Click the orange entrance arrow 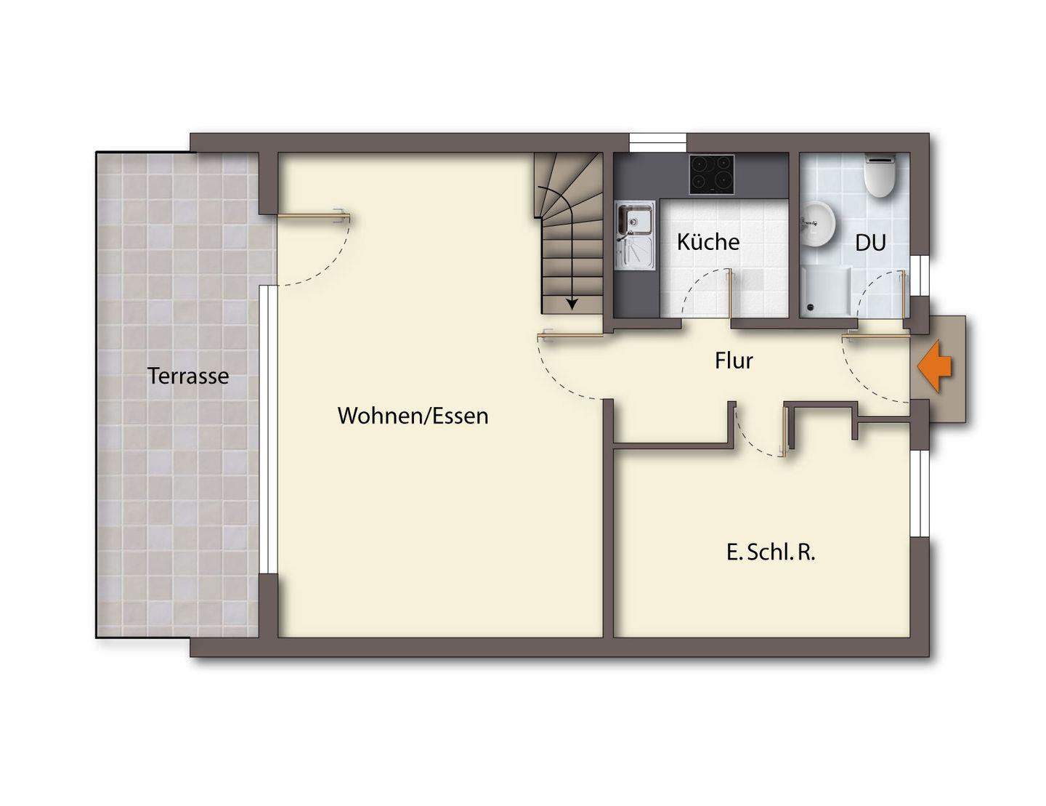934,366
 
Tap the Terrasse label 187,376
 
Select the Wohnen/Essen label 413,416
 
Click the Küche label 708,241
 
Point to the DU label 870,243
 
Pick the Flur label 734,360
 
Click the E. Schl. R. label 771,553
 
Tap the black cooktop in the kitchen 711,174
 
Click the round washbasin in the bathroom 818,224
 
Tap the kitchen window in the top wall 657,143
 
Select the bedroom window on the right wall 920,493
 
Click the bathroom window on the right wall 920,275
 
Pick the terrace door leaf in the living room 313,215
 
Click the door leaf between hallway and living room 570,334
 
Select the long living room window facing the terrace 268,430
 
